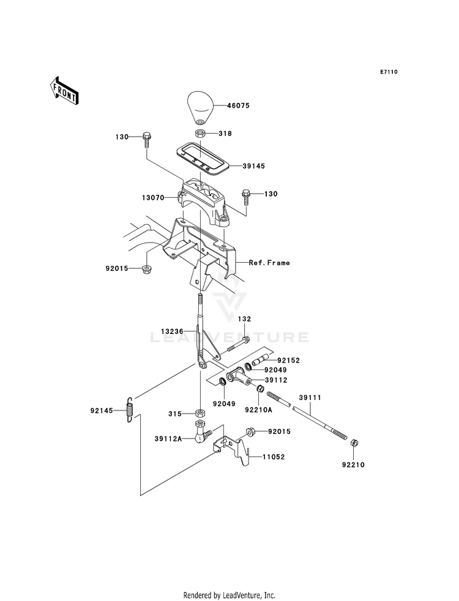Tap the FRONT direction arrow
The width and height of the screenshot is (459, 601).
64,90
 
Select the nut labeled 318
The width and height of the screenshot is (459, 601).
200,134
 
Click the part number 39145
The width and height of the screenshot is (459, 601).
253,167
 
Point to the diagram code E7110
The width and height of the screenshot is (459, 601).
389,72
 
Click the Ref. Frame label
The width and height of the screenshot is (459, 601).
269,263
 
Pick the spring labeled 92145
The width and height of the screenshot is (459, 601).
130,409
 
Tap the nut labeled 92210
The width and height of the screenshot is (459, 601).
354,444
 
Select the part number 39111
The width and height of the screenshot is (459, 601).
310,398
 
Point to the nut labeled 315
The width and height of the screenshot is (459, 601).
199,414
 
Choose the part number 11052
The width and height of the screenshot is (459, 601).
274,457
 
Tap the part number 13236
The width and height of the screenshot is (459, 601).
172,331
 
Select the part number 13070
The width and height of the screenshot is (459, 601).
153,198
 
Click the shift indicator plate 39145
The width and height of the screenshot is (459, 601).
203,159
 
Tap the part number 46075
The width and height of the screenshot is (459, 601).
237,105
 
